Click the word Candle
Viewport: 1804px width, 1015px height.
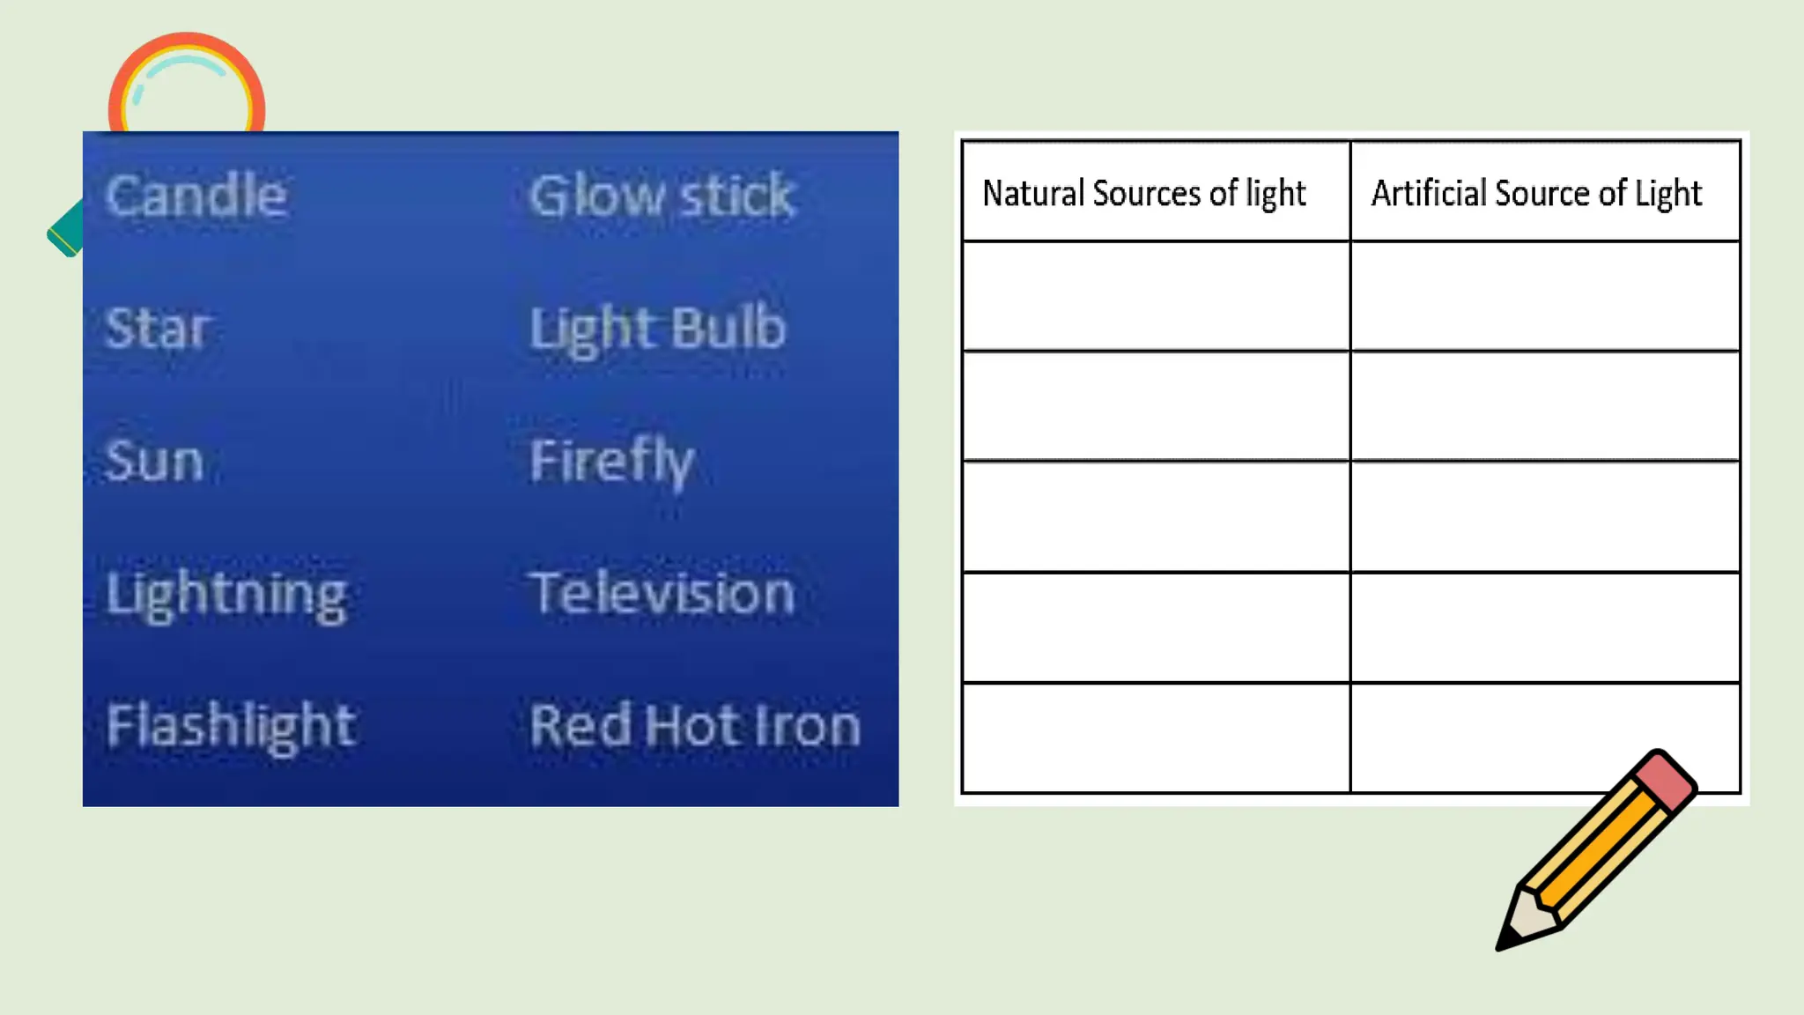[x=196, y=196]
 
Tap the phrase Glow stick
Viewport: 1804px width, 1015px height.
[x=662, y=196]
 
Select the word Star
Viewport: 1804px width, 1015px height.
[x=157, y=328]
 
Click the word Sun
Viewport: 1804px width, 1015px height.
[x=154, y=461]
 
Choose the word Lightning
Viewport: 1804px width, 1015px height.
[x=226, y=595]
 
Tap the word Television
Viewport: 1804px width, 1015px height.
[x=662, y=593]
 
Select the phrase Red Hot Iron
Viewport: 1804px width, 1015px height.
[x=694, y=726]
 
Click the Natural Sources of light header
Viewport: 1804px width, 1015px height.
[x=1143, y=194]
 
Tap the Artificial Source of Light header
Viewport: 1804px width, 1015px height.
[x=1536, y=194]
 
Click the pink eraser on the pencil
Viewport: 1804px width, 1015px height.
[x=1665, y=780]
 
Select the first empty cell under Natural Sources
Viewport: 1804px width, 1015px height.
[x=1156, y=296]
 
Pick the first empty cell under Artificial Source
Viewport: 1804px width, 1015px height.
[x=1545, y=296]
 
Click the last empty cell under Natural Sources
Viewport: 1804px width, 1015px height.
[x=1156, y=737]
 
